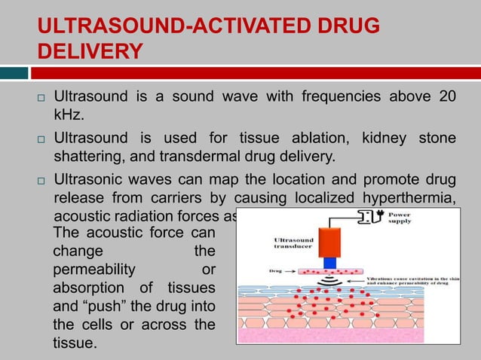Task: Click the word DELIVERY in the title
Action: pos(90,51)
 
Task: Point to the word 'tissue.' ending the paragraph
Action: pos(75,344)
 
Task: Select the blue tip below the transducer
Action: pos(329,262)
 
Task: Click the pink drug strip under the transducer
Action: pos(329,270)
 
